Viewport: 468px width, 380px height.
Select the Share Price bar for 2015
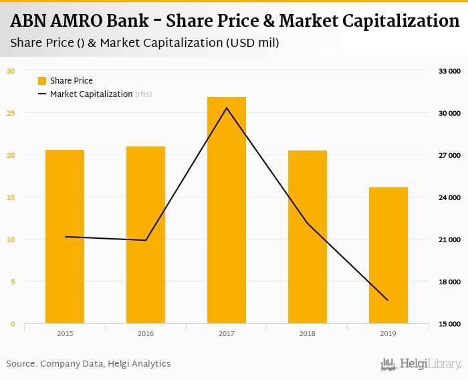[65, 237]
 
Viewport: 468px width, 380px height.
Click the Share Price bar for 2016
[146, 235]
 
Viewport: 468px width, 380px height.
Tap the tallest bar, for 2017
[227, 210]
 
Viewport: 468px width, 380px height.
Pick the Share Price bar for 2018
[308, 237]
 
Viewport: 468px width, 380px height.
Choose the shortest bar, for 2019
[388, 256]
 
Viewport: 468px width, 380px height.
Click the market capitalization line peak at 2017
[227, 108]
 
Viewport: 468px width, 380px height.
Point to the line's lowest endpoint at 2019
[388, 300]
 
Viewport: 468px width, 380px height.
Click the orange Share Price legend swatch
[42, 81]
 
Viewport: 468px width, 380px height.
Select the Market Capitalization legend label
[91, 94]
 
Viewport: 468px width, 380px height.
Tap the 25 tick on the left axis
[11, 113]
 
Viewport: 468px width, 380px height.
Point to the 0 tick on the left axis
[12, 324]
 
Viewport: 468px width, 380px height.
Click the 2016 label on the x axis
[146, 333]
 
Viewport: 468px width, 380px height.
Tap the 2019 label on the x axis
[388, 333]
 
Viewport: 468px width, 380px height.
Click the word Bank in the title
[130, 21]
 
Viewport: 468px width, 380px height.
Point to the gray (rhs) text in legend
[144, 94]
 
